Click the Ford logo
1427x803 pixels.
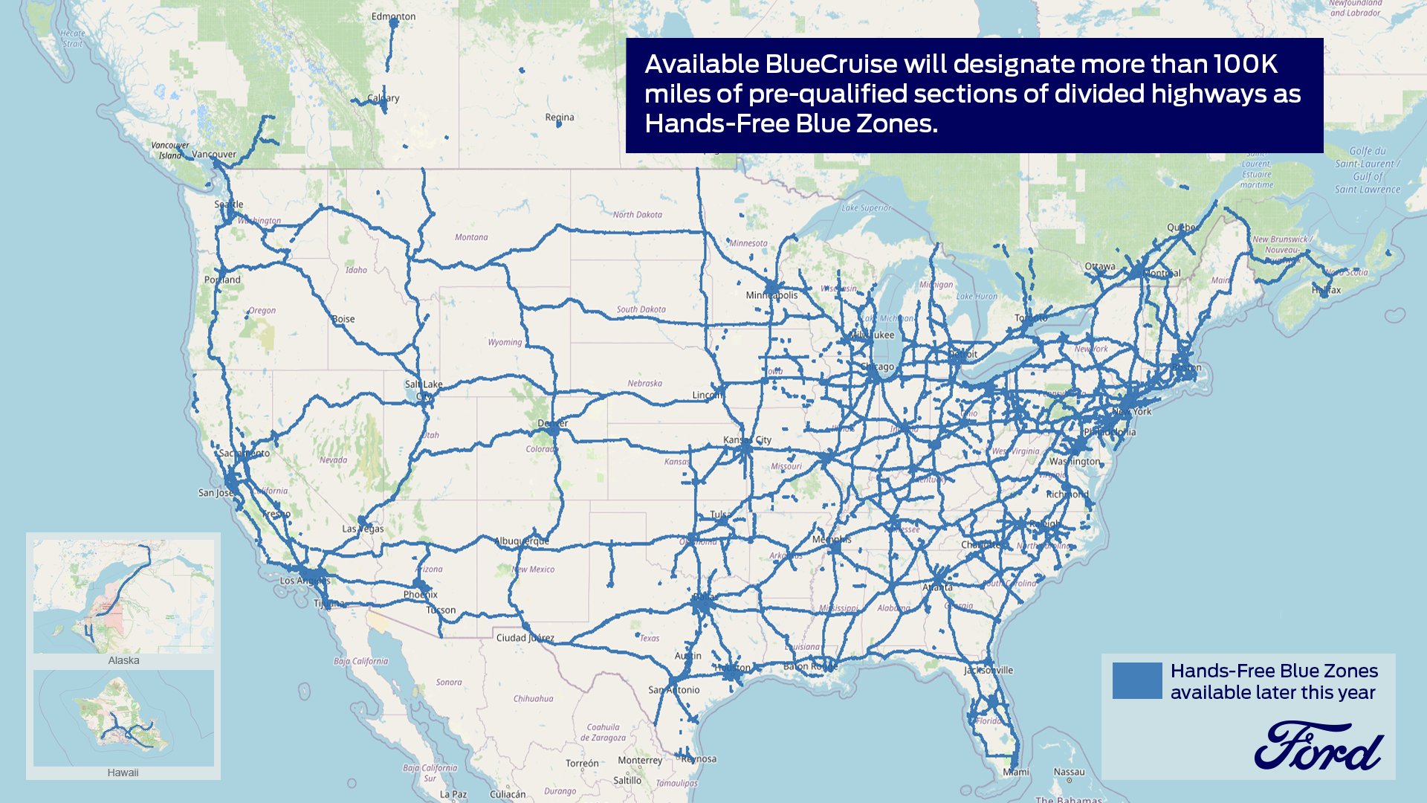pos(1318,746)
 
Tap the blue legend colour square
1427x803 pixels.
pos(1136,680)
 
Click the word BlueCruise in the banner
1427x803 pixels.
pos(831,65)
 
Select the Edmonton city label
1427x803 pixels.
pos(393,16)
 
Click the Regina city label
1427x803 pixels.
pos(559,117)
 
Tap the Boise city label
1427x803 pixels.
pos(343,319)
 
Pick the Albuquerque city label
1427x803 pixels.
pos(522,541)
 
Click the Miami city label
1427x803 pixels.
pos(1016,772)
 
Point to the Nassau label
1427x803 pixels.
pos(1069,772)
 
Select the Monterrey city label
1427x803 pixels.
pos(639,761)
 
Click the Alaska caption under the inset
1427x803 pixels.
pos(123,660)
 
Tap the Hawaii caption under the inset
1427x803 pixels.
pos(123,773)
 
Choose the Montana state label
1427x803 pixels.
pos(471,237)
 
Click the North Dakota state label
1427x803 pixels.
pos(637,215)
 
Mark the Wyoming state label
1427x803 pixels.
pos(505,343)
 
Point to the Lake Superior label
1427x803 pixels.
pos(866,208)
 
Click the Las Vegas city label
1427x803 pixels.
pos(363,529)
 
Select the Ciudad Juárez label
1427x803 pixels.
pos(525,638)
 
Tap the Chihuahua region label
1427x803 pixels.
pos(533,699)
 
